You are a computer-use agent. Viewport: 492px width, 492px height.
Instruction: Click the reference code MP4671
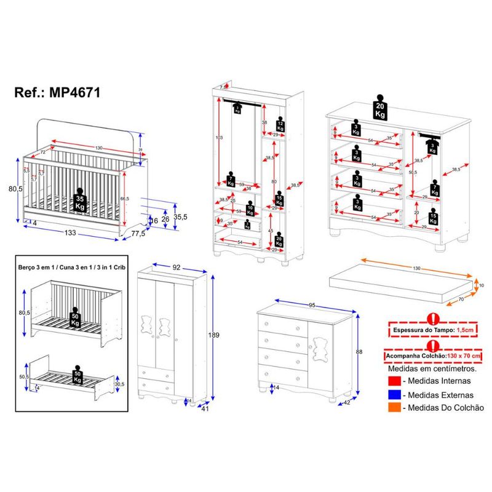(58, 92)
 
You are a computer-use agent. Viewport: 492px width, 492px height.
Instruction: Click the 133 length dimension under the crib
(71, 233)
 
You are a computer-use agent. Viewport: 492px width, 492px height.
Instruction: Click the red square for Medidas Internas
(393, 383)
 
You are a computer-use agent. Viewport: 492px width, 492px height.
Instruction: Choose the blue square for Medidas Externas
(393, 395)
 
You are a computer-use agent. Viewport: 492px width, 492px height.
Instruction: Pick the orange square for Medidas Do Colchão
(393, 407)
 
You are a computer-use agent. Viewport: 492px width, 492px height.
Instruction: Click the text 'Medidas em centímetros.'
(432, 370)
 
